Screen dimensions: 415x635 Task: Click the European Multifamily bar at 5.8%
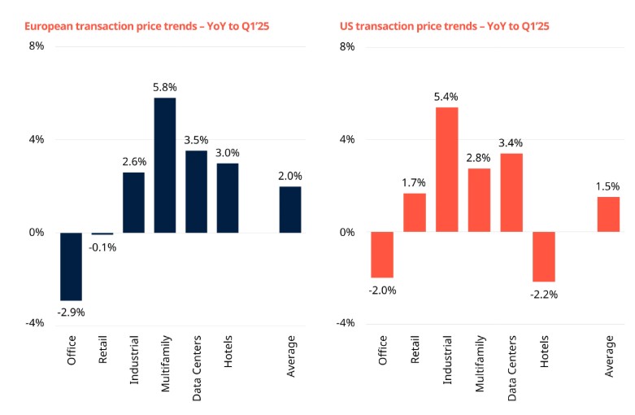click(164, 165)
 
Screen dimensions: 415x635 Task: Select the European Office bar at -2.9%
click(71, 266)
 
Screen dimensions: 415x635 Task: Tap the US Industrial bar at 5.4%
click(447, 170)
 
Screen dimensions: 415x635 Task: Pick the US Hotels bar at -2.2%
click(544, 256)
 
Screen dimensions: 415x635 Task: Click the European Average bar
click(289, 210)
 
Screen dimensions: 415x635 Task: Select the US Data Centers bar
click(511, 193)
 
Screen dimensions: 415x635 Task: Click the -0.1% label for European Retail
click(102, 247)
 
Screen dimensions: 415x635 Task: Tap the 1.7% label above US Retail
click(415, 183)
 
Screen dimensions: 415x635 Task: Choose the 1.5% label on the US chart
click(607, 186)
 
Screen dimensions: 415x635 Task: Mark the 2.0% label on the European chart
click(289, 176)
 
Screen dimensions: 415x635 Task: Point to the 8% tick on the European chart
click(37, 47)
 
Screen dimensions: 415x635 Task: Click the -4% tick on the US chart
click(347, 324)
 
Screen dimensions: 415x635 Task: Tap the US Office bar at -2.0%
click(383, 255)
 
